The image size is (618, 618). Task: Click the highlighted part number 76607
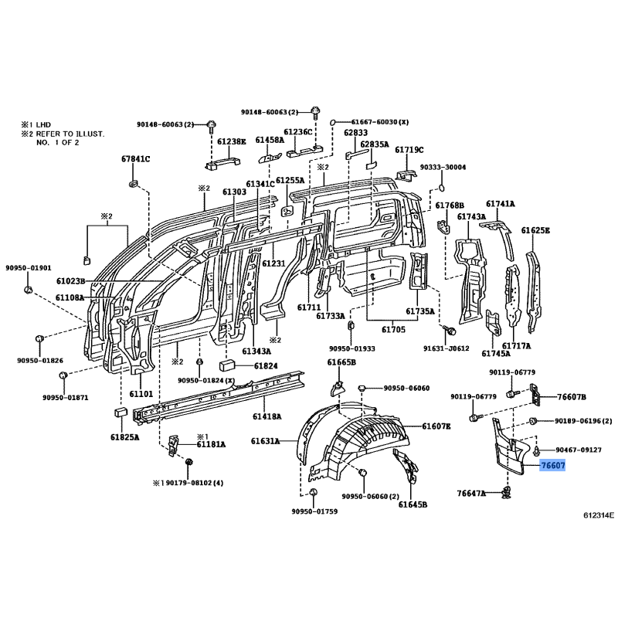[553, 466]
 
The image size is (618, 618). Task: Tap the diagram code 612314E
[599, 514]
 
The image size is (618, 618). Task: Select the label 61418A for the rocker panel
[267, 416]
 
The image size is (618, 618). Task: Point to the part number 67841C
[135, 159]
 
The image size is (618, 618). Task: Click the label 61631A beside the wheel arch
[265, 441]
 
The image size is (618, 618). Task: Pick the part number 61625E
[535, 230]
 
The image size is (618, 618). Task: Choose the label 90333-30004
[443, 167]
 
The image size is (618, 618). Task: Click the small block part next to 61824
[227, 365]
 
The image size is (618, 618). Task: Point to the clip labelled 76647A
[507, 493]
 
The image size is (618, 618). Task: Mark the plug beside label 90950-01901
[28, 290]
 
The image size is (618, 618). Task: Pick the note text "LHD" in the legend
[43, 125]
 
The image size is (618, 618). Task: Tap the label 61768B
[450, 205]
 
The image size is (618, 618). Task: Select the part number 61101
[141, 394]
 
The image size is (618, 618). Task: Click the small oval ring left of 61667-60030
[332, 122]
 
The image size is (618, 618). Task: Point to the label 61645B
[413, 504]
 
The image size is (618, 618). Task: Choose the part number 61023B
[70, 281]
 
